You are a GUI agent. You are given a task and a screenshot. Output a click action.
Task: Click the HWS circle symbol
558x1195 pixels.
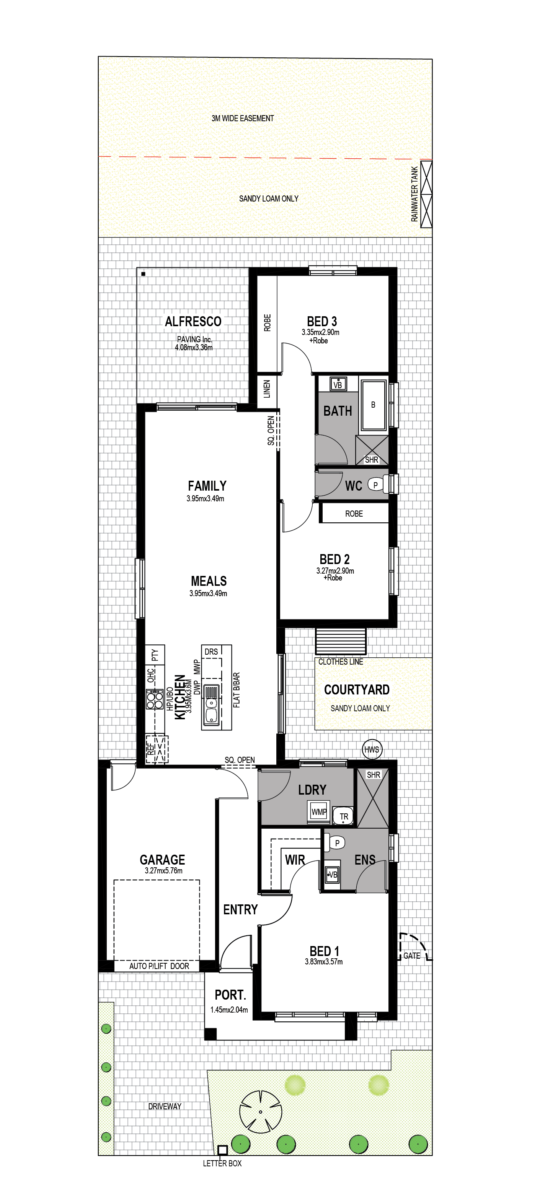[372, 749]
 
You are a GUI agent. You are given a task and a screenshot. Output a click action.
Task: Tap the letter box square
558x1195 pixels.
[222, 1150]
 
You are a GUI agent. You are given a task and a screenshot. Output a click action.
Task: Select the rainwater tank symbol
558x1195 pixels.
[426, 194]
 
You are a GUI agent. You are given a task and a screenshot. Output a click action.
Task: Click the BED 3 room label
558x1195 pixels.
[322, 322]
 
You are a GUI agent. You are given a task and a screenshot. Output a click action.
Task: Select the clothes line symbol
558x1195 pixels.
[341, 641]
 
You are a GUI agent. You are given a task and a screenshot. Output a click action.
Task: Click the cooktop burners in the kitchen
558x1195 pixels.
[155, 699]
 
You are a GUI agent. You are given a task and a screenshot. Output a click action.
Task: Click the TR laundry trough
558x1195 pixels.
[344, 816]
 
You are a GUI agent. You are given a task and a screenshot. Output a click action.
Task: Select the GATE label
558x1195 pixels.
[412, 956]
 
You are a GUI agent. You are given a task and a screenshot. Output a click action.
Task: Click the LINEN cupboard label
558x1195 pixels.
[267, 389]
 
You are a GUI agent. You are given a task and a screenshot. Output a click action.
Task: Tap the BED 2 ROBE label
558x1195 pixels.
[354, 514]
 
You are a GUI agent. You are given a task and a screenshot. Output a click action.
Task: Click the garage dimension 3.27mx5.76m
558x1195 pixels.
[163, 871]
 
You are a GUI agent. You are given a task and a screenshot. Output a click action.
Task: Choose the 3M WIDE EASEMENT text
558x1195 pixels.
[242, 118]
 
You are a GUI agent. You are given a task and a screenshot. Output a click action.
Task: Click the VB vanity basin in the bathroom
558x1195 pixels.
[338, 384]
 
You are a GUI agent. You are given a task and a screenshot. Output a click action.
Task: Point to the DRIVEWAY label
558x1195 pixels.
[165, 1106]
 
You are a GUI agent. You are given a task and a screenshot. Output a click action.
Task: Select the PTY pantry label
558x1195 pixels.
[155, 655]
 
